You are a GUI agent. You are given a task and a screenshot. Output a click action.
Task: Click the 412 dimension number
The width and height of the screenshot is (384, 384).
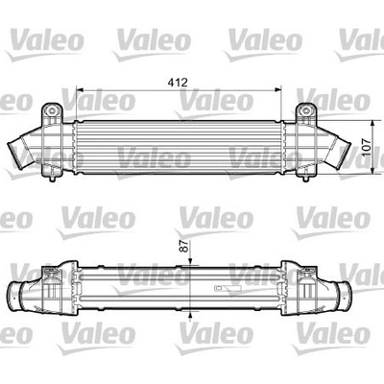(178, 83)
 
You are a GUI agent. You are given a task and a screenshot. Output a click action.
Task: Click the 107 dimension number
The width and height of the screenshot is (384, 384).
(368, 147)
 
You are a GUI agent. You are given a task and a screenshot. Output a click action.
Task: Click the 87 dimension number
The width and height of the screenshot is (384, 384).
(186, 246)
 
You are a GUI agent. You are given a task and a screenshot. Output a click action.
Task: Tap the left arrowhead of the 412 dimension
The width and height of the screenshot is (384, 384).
(80, 90)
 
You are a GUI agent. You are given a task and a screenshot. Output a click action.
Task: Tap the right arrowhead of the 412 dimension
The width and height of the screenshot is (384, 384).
(277, 90)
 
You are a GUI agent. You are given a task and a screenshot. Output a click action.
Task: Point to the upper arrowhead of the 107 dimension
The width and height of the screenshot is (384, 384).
(372, 124)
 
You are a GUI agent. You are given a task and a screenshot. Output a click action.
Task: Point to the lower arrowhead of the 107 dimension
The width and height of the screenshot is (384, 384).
(372, 171)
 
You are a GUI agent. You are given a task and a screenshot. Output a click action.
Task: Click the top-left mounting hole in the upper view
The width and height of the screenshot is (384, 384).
(51, 111)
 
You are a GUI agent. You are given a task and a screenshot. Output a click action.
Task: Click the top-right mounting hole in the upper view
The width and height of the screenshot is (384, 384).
(306, 111)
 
